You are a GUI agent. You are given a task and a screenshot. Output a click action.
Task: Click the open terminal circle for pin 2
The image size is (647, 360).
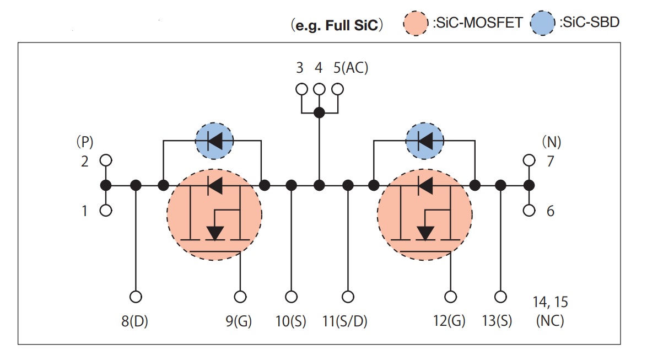[106, 160]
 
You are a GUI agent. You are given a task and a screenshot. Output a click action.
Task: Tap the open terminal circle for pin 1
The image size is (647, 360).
[106, 211]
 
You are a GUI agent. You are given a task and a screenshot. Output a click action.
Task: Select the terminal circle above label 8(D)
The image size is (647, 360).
[136, 297]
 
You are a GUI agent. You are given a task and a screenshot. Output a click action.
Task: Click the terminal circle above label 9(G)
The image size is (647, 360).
[240, 297]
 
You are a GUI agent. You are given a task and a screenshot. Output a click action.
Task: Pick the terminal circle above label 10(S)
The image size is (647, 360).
[292, 297]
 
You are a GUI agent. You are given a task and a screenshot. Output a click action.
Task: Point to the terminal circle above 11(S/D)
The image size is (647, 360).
[348, 297]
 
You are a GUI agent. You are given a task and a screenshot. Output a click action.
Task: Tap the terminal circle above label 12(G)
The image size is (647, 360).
[451, 297]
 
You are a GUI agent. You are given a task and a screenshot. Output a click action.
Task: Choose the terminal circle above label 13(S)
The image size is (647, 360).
[500, 297]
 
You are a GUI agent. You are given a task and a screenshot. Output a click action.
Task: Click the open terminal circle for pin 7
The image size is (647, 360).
[529, 160]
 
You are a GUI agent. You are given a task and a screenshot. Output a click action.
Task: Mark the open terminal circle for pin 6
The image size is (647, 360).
[529, 211]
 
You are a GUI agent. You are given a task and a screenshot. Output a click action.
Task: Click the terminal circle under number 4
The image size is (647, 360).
[319, 89]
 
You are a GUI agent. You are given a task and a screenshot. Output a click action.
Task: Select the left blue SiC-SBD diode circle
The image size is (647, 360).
[214, 141]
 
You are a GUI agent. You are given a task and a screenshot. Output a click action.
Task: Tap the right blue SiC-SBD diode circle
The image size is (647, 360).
[424, 141]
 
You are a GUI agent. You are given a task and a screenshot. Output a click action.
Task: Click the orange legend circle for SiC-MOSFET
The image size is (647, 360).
[416, 24]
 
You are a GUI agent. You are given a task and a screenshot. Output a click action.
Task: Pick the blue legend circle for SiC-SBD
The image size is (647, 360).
[543, 23]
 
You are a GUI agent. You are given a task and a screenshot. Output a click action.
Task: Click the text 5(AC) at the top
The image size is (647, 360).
[351, 67]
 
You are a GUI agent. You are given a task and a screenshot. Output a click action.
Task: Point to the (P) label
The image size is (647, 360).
[85, 142]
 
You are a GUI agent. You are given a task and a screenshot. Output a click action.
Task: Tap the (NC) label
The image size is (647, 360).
[550, 320]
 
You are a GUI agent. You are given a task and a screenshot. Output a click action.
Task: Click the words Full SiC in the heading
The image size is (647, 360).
[352, 25]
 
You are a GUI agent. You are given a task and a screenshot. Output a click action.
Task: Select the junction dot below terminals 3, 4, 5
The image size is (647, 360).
[319, 112]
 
